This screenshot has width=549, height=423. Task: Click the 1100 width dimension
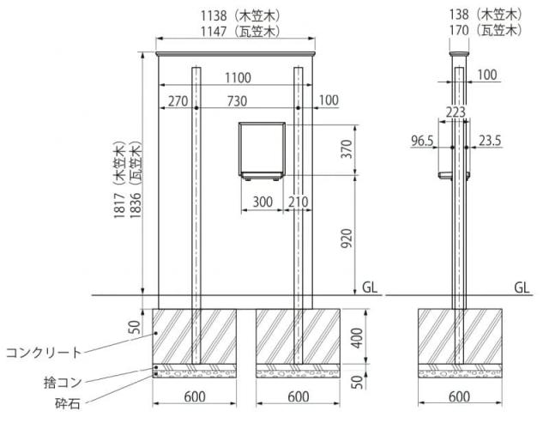[x=238, y=78]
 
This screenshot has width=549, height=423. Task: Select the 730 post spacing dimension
[x=237, y=101]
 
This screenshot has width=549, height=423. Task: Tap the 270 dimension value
[x=178, y=101]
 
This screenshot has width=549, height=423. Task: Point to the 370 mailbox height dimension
[x=347, y=148]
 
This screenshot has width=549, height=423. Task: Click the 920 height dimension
[x=347, y=239]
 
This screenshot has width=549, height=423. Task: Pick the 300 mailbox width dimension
[x=262, y=202]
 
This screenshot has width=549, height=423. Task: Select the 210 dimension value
[x=299, y=202]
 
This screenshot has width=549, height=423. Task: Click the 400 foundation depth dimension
[x=357, y=338]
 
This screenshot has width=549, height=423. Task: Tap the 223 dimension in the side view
[x=455, y=112]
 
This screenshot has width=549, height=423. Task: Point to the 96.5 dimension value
[x=422, y=141]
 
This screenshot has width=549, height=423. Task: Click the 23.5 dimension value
[x=490, y=141]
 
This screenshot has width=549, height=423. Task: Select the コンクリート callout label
[x=44, y=352]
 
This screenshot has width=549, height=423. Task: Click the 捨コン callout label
[x=63, y=382]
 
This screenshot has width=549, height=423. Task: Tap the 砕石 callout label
[x=68, y=403]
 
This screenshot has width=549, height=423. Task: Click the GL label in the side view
[x=522, y=287]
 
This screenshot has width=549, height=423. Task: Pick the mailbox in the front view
[x=262, y=151]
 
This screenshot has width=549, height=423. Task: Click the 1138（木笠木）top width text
[x=241, y=15]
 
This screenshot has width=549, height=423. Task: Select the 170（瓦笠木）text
[x=486, y=31]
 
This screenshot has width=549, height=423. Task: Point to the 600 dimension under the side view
[x=460, y=396]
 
